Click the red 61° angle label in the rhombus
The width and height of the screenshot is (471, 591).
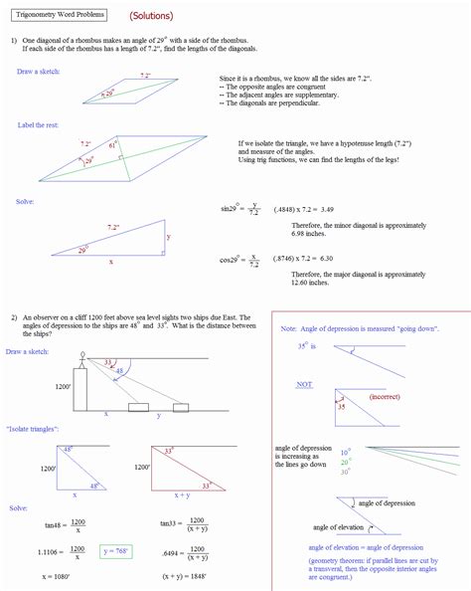pos(112,145)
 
